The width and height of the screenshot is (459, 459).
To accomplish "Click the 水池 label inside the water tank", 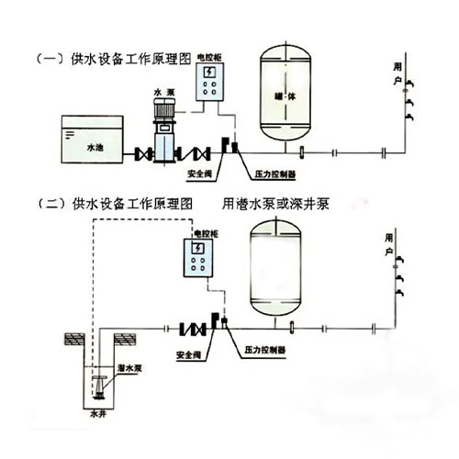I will pyautogui.click(x=95, y=145).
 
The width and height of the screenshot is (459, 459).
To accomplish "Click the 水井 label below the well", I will pyautogui.click(x=99, y=412).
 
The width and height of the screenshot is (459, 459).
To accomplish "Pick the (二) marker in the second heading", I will pyautogui.click(x=47, y=204).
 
